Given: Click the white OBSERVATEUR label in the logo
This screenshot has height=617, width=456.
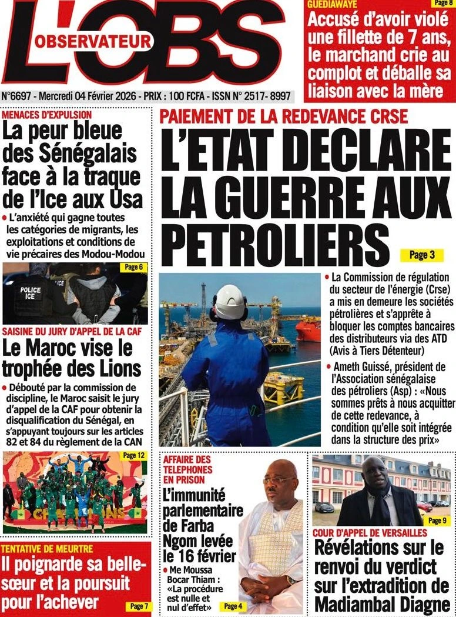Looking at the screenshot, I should pyautogui.click(x=93, y=42).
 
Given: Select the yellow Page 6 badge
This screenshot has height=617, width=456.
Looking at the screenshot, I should pyautogui.click(x=133, y=268).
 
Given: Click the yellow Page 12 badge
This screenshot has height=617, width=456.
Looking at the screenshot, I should pyautogui.click(x=133, y=455).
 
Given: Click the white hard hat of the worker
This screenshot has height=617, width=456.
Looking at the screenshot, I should pyautogui.click(x=229, y=301).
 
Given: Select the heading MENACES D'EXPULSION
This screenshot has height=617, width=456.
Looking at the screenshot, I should pyautogui.click(x=48, y=115).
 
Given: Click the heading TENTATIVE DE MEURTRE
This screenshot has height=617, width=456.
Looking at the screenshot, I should pyautogui.click(x=47, y=549).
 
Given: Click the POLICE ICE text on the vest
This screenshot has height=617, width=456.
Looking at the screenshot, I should pyautogui.click(x=31, y=293).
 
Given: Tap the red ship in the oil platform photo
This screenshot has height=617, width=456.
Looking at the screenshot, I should pyautogui.click(x=308, y=331).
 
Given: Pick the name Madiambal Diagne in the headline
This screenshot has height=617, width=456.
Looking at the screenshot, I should pyautogui.click(x=382, y=604).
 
